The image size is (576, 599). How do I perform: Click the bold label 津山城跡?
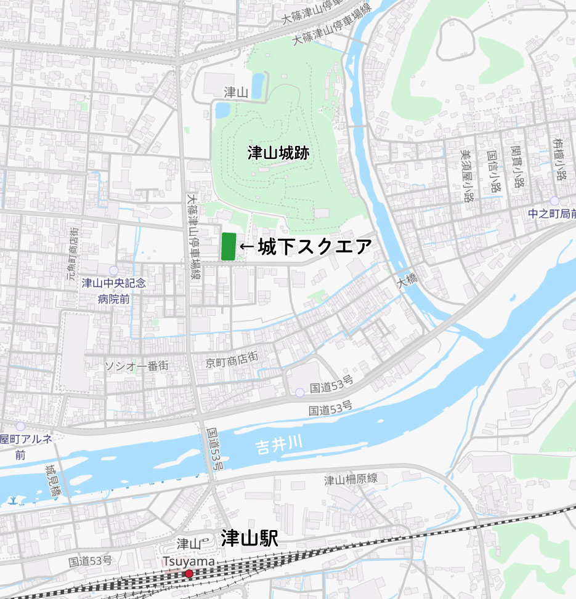(278, 153)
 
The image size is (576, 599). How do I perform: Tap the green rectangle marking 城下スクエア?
(228, 246)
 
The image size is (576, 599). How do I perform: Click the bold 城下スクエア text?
(315, 247)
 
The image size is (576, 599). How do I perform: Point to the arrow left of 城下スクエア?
(246, 247)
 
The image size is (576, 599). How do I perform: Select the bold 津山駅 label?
(249, 539)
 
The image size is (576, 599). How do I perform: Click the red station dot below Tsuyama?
(189, 574)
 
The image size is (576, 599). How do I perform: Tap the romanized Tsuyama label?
(189, 561)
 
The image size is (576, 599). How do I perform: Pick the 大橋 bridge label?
(407, 283)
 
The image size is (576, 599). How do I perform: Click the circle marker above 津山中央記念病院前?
(113, 271)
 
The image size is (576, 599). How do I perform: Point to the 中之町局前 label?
(552, 214)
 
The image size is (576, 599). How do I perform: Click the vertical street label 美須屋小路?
(468, 175)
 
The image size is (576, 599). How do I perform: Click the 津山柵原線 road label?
(351, 480)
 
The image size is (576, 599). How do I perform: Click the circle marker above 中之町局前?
(555, 201)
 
